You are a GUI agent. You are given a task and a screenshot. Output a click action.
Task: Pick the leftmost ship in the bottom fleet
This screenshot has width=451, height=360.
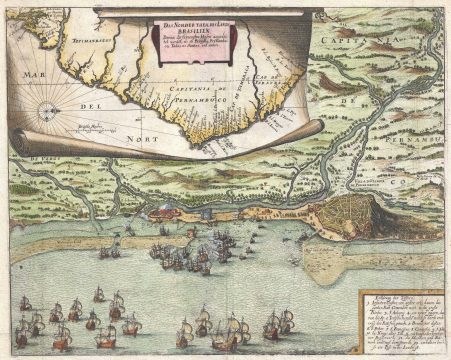pyautogui.click(x=22, y=331)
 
